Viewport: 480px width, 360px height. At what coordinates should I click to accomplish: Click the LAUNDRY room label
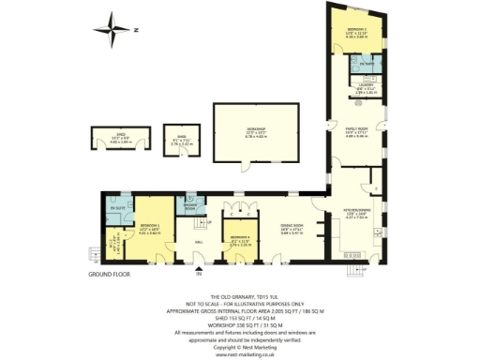point(365,89)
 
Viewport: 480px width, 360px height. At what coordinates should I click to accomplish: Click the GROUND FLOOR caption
point(109,275)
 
